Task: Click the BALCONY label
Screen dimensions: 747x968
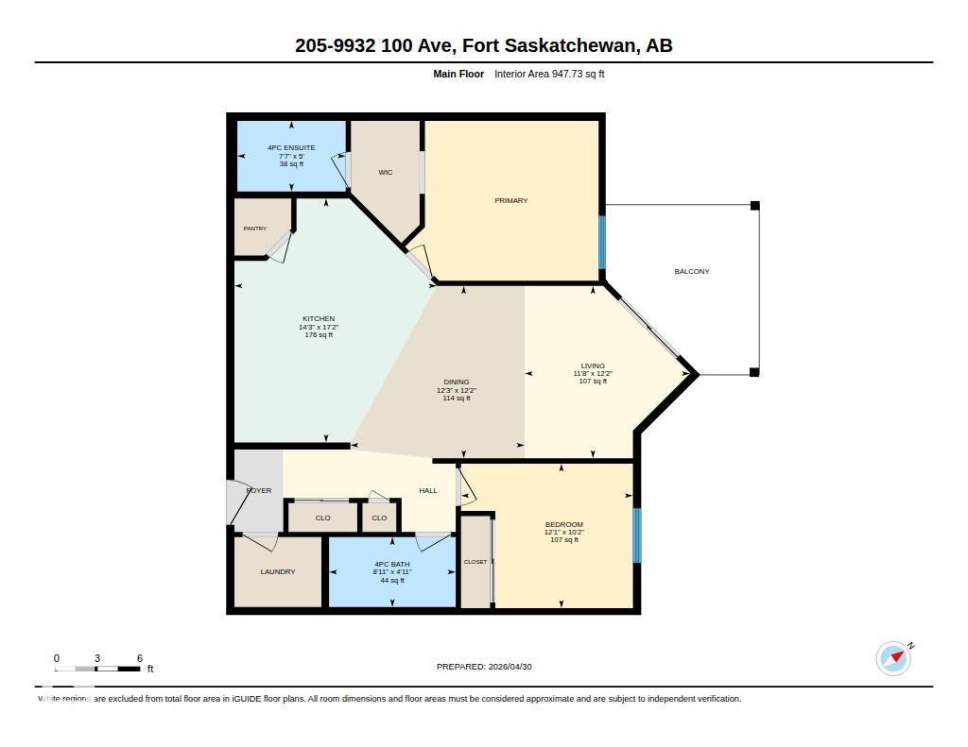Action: pos(691,272)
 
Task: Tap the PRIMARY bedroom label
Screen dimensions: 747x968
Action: pos(510,201)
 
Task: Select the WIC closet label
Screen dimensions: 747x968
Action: pos(385,173)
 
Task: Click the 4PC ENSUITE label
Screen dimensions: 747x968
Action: pos(291,148)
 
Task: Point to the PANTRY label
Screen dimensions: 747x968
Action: pos(254,229)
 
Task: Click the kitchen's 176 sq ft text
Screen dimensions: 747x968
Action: pos(319,335)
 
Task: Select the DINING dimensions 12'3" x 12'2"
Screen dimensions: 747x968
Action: pos(457,390)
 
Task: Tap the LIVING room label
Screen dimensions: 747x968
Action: pos(593,365)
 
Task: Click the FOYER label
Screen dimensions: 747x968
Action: pos(258,490)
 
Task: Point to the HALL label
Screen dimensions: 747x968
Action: pos(428,490)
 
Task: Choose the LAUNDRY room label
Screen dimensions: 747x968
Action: pos(278,571)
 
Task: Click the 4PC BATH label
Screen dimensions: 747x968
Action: pos(392,564)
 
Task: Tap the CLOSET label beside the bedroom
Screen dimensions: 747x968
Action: pos(475,562)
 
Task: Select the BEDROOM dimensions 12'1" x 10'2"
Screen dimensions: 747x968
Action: pos(564,532)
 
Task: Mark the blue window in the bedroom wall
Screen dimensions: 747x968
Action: pos(636,535)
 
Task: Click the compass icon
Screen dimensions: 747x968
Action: pos(893,658)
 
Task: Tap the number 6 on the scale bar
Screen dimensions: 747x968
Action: pos(140,658)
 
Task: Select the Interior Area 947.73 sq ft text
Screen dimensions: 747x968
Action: pos(549,74)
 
